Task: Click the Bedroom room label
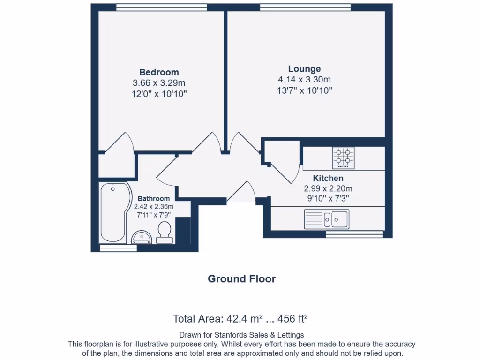tap(159, 72)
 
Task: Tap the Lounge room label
tap(304, 69)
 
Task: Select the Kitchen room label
tap(328, 178)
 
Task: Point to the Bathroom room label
tap(154, 199)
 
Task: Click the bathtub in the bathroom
tap(113, 213)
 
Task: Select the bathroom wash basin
tap(143, 237)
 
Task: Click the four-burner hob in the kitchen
tap(343, 157)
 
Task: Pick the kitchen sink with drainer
tap(326, 218)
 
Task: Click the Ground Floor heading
tap(241, 279)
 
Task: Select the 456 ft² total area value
tap(293, 319)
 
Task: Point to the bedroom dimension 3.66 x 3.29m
tap(159, 83)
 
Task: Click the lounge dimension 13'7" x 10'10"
tap(304, 90)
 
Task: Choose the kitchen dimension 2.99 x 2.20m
tap(328, 188)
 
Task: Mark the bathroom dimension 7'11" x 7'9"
tap(154, 215)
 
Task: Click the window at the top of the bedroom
tap(161, 7)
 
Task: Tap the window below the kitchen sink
tap(354, 234)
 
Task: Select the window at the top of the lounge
tap(305, 7)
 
